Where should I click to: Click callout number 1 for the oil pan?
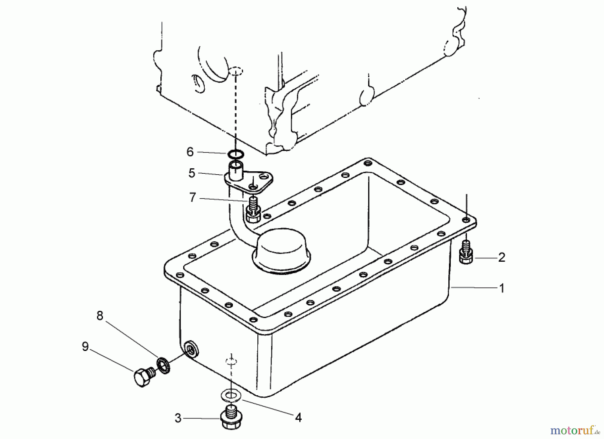coord(502,288)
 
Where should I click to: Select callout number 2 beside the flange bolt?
coord(501,258)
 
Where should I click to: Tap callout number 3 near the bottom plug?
coord(178,418)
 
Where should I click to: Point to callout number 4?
coord(298,417)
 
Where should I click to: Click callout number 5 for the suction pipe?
coord(192,173)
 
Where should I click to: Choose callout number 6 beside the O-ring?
coord(190,152)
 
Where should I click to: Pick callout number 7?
coord(192,197)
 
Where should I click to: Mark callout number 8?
coord(100,316)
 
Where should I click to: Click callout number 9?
coord(85,347)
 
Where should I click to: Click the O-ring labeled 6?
coord(236,155)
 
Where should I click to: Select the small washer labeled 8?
coord(164,365)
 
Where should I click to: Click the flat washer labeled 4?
coord(230,395)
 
